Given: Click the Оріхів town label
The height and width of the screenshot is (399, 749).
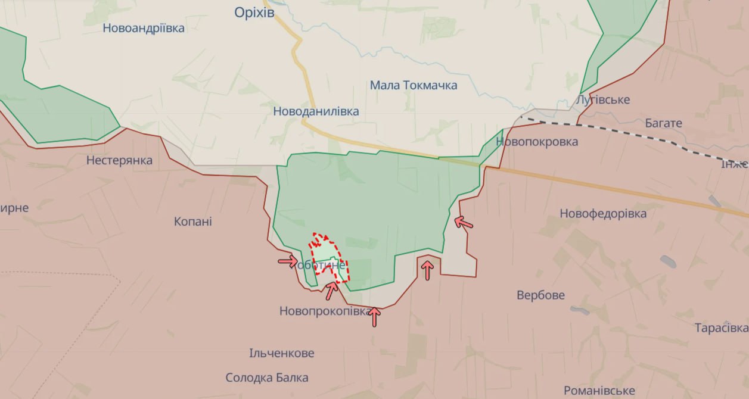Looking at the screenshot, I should pos(254,12).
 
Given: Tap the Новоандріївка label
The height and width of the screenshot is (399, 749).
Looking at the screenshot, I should pos(144,28).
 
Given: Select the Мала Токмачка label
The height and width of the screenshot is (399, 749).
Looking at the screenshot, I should pos(414,85).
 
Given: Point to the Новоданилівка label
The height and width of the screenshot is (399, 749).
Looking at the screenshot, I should pos(316,111).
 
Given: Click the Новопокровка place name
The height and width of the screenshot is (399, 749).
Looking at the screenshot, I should pos(537,142).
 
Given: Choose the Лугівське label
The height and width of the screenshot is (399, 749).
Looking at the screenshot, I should pos(603,99).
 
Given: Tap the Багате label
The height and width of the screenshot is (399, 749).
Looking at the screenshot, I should pos(663,123).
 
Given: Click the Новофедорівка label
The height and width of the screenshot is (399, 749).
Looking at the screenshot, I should pos(603,213).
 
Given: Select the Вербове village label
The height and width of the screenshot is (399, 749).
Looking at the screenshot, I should pos(541,295).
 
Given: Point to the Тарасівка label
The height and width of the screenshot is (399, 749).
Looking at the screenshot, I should pos(721,328).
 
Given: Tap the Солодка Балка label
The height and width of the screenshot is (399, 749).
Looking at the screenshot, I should pos(267,378).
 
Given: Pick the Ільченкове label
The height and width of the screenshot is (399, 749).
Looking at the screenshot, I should pos(282,353).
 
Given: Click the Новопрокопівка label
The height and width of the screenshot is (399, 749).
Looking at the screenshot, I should pos(325,311).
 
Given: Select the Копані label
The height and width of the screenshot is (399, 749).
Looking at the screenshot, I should pos(193,222).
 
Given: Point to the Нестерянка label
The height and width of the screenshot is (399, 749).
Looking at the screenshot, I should pos(119,160).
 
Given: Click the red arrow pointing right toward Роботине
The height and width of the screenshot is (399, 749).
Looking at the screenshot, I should pos(288,261).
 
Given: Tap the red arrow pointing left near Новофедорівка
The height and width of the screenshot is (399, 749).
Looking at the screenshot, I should pos(464,223).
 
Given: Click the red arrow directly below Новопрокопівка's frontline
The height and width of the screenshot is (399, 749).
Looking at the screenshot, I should pos(374,316).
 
